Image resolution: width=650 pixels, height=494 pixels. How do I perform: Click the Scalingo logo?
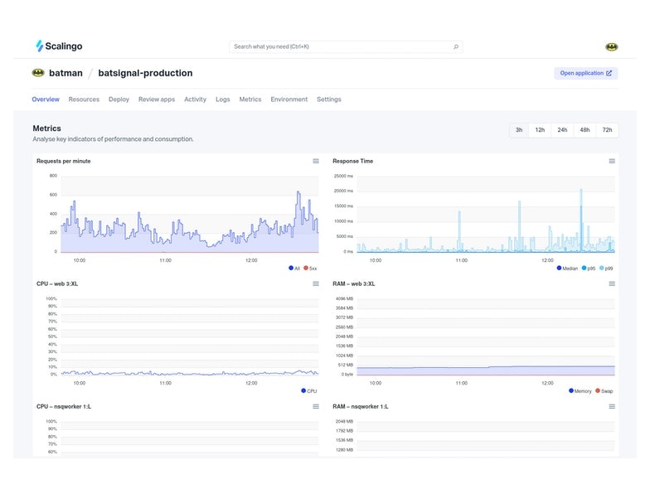point(59,46)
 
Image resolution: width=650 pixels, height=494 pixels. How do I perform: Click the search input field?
point(340,47)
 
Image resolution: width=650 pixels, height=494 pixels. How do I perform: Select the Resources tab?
point(84,99)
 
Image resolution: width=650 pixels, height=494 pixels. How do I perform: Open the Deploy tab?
point(119,99)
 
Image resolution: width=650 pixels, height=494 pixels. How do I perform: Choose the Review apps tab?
point(157,99)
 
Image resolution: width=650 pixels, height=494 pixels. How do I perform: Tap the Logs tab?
point(222,99)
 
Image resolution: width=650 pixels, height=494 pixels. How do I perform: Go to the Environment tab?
point(289,99)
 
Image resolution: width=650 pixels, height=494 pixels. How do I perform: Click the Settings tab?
point(328,99)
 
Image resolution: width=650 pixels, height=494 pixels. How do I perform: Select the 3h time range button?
point(519,130)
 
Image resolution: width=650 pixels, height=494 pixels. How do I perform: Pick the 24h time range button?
point(562,130)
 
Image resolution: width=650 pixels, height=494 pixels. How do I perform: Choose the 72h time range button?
point(607,130)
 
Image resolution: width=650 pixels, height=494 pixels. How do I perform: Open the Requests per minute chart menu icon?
point(316,162)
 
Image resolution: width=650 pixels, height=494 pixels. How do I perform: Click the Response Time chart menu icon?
point(612,162)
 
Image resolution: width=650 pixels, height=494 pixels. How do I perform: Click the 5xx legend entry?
point(310,269)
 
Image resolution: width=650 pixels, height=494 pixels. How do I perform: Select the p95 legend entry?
point(589,269)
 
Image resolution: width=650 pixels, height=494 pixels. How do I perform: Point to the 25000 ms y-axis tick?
point(343,176)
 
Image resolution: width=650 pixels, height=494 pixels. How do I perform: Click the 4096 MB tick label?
point(344,298)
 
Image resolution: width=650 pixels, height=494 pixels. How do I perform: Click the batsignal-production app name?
point(145,73)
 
